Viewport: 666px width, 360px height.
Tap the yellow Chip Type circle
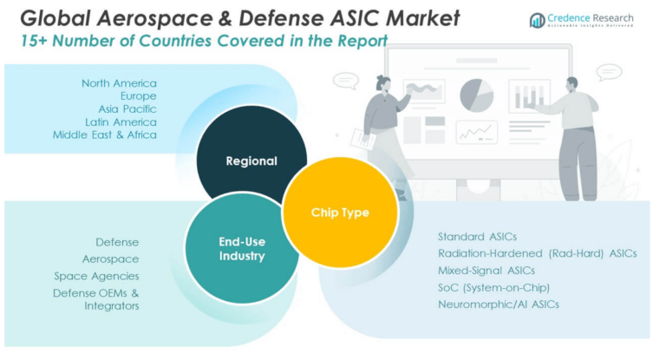(x=340, y=213)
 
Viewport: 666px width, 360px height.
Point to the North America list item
(x=119, y=83)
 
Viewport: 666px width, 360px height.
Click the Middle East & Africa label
(x=105, y=134)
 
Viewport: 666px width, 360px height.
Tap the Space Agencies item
(x=96, y=276)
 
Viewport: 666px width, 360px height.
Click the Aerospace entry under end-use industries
(x=110, y=259)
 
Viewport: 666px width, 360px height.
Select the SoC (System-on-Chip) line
(x=494, y=287)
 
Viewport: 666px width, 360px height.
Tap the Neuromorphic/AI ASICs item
(x=499, y=304)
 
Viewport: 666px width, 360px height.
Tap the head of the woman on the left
(x=384, y=83)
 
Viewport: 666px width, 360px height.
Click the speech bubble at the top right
(x=610, y=72)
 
